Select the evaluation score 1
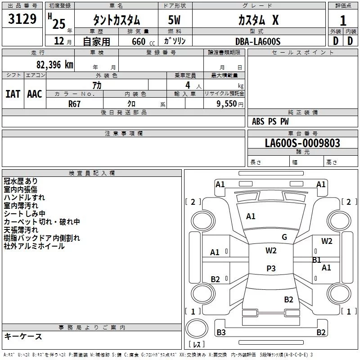pyautogui.click(x=343, y=21)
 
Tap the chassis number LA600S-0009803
pyautogui.click(x=302, y=143)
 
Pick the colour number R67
pyautogui.click(x=75, y=103)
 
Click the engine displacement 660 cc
pyautogui.click(x=141, y=41)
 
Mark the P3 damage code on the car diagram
pyautogui.click(x=271, y=269)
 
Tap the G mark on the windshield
pyautogui.click(x=284, y=237)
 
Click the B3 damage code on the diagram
pyautogui.click(x=221, y=333)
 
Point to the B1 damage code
pyautogui.click(x=317, y=260)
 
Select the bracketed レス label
pyautogui.click(x=197, y=345)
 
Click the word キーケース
pyautogui.click(x=23, y=336)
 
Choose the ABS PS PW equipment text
pyautogui.click(x=270, y=121)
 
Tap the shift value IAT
pyautogui.click(x=13, y=94)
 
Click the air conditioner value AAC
pyautogui.click(x=35, y=94)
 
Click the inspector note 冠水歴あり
pyautogui.click(x=21, y=181)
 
